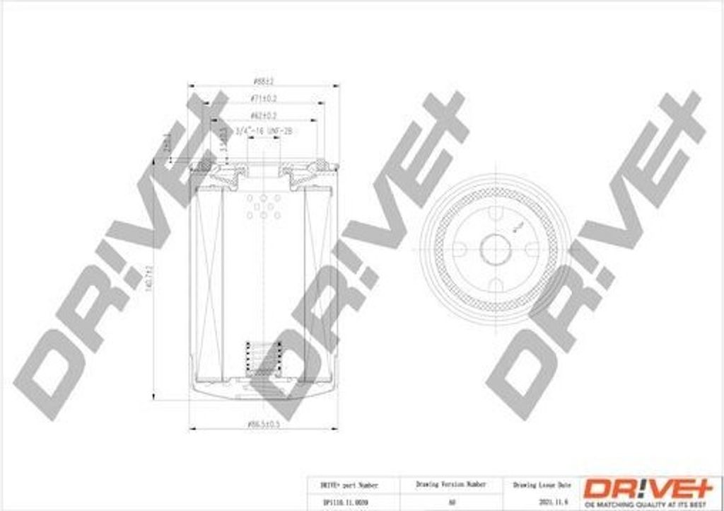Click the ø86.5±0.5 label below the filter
[263, 424]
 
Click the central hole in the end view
[495, 249]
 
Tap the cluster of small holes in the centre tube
[263, 206]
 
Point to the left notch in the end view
[458, 249]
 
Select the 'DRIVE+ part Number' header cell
[349, 485]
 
